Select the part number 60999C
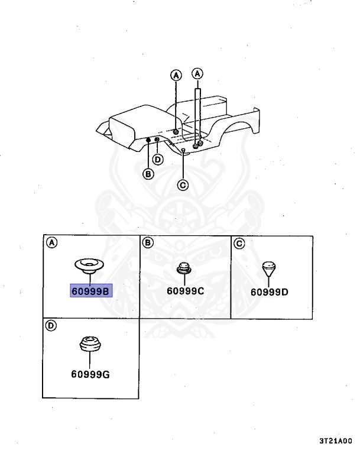[x=184, y=290]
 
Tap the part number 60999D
[x=270, y=291]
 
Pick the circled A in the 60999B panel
[x=51, y=243]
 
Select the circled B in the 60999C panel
[x=148, y=243]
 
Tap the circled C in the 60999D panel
[x=239, y=243]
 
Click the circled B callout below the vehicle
[x=148, y=174]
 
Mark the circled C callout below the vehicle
[x=183, y=185]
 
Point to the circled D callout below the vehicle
[x=158, y=159]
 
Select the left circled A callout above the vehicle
[x=176, y=75]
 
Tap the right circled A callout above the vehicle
[x=198, y=73]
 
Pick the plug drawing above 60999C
[x=184, y=268]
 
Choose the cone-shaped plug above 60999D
[x=269, y=268]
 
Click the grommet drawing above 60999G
[x=90, y=343]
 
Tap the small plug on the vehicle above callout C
[x=184, y=151]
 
